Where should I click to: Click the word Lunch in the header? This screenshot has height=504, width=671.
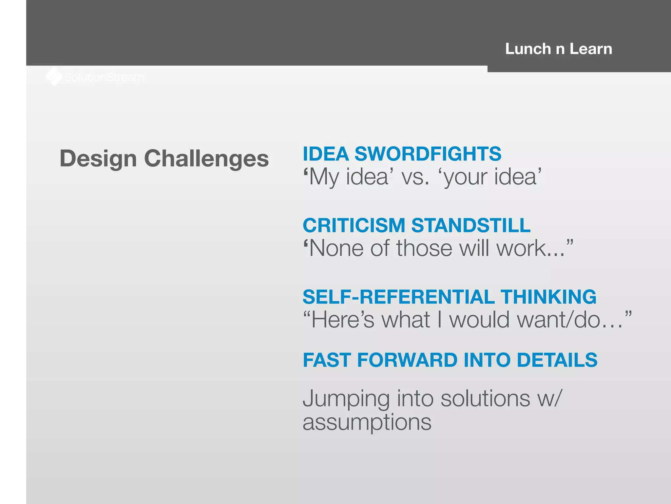coord(528,49)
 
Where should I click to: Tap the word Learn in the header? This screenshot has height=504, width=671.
coord(591,49)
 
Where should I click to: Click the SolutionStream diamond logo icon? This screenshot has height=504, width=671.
coord(54,77)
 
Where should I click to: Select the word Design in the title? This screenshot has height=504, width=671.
coord(98,159)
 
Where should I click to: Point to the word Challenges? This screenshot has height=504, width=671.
coord(206,159)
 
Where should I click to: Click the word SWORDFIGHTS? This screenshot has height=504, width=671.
coord(428,154)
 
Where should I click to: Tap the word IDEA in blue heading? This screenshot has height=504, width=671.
coord(326,154)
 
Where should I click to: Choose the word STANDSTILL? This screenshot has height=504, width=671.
coord(471,225)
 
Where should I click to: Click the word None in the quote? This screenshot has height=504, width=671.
coord(336,248)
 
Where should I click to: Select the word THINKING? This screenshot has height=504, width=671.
coord(549,297)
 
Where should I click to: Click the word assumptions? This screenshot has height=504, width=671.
coord(367,423)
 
